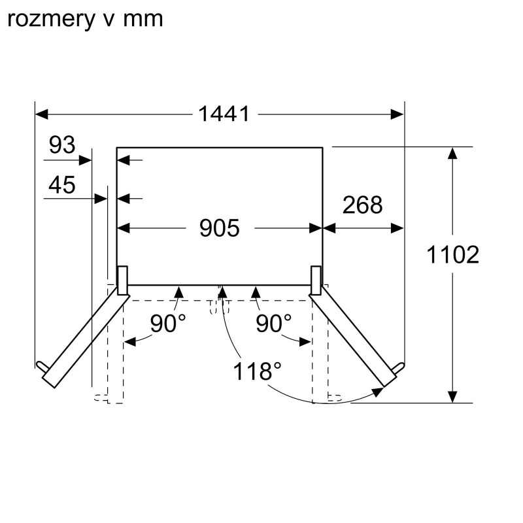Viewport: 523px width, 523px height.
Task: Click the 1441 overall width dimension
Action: coord(224,114)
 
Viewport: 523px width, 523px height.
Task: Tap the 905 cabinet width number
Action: coord(220,228)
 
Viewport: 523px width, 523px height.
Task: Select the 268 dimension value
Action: coord(363,205)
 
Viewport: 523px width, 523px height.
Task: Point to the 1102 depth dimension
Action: coord(452,255)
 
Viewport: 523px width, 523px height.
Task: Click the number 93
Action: coord(62,144)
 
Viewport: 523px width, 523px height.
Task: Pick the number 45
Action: coord(62,185)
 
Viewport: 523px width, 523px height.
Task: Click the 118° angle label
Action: coord(257,371)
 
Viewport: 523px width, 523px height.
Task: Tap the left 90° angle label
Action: coord(168,323)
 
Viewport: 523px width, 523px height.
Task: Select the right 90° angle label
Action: coord(273,323)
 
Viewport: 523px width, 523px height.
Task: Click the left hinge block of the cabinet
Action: coord(122,280)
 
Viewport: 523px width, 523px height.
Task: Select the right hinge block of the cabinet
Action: coord(316,280)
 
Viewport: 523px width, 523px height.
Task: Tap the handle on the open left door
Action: coord(42,367)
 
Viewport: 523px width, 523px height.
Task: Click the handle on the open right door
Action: coord(398,368)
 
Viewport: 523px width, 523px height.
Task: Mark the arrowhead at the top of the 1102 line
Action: coord(452,154)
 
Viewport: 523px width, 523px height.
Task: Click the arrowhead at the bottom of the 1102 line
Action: coord(452,396)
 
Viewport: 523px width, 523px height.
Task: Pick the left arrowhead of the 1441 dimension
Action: coord(41,114)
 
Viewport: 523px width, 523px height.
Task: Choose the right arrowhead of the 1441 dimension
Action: coord(397,114)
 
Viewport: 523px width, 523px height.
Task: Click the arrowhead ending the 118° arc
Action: coord(378,392)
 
